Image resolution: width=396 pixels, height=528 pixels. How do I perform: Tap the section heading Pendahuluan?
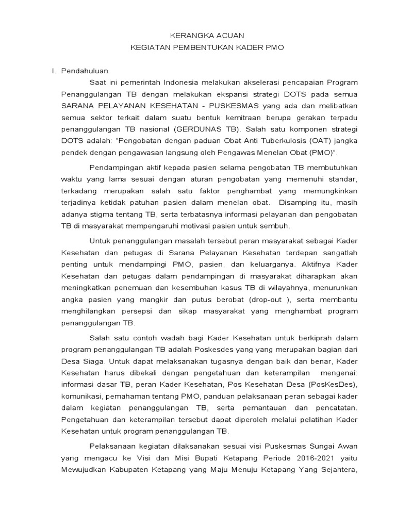[85, 71]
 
